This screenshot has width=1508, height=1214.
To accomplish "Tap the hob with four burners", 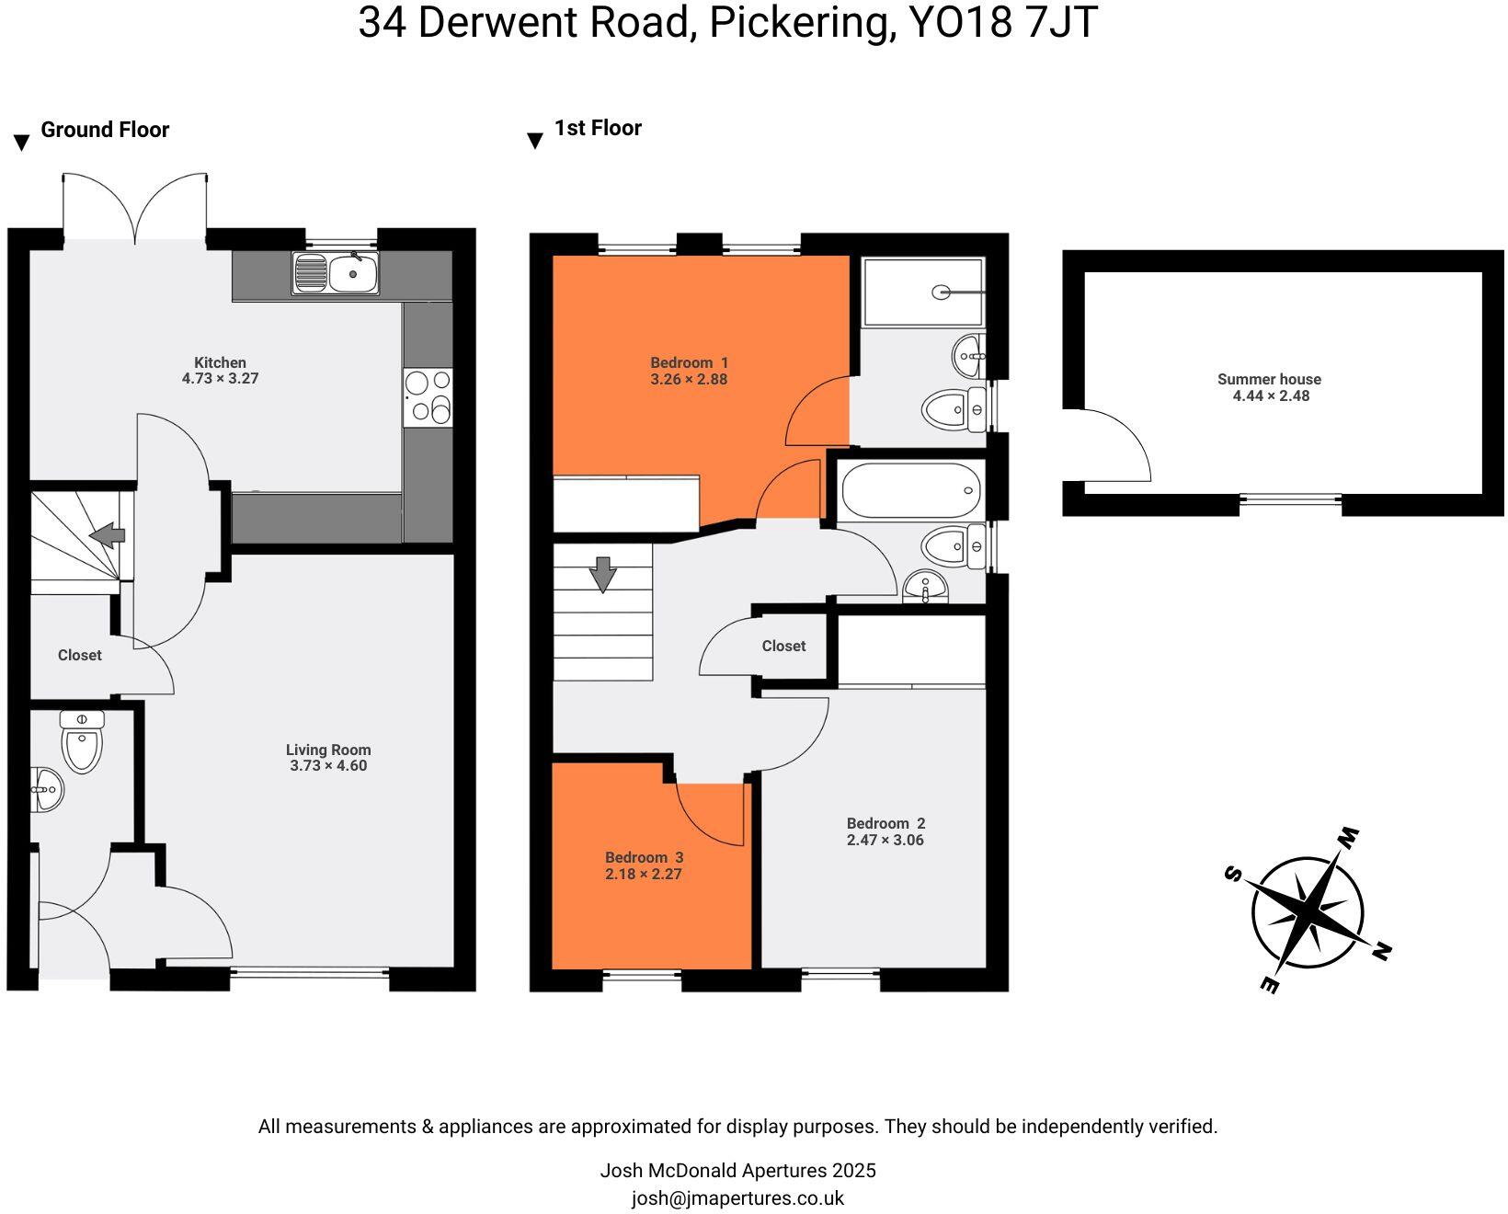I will tap(428, 397).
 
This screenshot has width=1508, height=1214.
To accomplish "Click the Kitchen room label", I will tap(220, 362).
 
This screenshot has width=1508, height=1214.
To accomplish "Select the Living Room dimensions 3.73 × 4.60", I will tap(328, 766).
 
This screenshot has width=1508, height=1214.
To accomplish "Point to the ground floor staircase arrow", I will tap(108, 534).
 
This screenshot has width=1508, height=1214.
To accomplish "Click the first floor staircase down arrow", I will tap(602, 575).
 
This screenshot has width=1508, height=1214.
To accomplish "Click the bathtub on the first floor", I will tap(910, 490).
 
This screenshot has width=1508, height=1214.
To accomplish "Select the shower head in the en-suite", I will tap(942, 292).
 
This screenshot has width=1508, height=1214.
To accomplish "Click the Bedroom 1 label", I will tap(689, 362).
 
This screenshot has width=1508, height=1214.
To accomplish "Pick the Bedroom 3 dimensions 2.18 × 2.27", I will tap(643, 875).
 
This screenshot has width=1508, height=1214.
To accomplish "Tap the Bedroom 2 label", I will tap(885, 823).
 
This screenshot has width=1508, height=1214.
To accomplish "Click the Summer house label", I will tap(1269, 379).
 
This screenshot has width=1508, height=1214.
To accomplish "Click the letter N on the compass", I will tap(1380, 952).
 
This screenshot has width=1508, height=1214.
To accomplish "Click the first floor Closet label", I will tap(783, 647).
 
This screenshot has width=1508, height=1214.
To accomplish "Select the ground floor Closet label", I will tap(80, 656).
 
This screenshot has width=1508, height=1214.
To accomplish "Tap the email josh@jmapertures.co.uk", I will tap(737, 1198).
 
